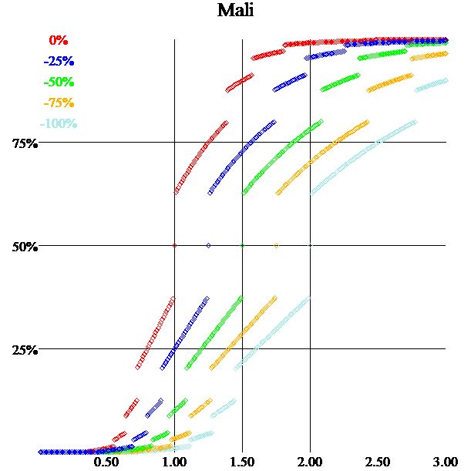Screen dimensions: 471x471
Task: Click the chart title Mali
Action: (235, 11)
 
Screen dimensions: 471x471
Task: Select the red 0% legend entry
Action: (59, 40)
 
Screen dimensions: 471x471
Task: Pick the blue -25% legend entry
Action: (59, 61)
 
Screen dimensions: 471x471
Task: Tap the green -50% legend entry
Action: (59, 82)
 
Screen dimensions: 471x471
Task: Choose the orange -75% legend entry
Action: (59, 103)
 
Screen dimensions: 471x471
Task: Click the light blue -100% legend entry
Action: (59, 123)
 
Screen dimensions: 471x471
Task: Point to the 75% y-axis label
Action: (25, 143)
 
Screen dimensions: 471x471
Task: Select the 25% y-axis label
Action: (25, 350)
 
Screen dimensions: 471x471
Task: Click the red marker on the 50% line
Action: (174, 246)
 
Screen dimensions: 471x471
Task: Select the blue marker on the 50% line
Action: (208, 246)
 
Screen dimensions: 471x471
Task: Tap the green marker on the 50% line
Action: (242, 246)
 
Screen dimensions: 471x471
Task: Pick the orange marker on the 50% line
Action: (276, 246)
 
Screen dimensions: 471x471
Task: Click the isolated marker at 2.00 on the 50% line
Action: (310, 246)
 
